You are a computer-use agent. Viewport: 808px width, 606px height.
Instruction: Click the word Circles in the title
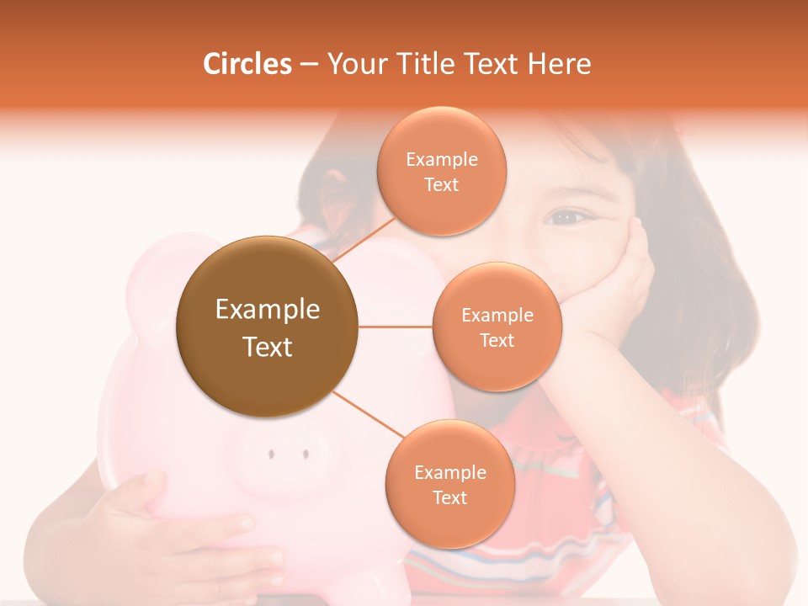[247, 64]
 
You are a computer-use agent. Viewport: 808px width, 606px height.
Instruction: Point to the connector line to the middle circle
[396, 327]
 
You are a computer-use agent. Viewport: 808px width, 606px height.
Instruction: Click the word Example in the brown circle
[267, 310]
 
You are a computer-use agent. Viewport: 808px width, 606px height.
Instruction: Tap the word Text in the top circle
[441, 185]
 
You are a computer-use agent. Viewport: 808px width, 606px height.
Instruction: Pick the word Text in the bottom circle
[449, 498]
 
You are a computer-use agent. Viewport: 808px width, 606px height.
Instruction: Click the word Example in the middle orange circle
[497, 316]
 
